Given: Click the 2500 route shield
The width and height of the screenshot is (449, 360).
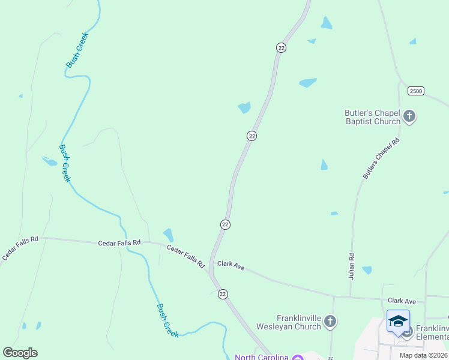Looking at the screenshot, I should click(x=415, y=91).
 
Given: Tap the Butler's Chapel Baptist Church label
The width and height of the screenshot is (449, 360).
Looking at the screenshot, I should click(x=372, y=117).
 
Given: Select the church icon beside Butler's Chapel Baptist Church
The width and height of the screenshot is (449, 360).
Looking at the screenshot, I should click(x=409, y=116).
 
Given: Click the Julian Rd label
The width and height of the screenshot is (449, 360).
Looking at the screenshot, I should click(x=352, y=266).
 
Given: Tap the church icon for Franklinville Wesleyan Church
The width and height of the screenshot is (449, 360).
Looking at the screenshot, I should click(x=330, y=322).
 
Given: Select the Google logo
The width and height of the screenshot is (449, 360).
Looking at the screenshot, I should click(x=20, y=353).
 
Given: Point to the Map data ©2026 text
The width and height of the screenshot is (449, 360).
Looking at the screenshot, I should click(x=423, y=355).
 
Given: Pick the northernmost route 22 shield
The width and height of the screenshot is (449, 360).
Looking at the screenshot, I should click(x=281, y=47).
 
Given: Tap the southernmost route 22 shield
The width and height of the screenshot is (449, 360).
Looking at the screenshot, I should click(x=223, y=293).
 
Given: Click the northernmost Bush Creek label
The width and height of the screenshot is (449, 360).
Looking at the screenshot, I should click(x=77, y=50).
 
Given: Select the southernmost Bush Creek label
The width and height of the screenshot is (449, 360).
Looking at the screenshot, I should click(x=167, y=320).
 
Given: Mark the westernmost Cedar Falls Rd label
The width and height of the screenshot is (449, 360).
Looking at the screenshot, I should click(x=20, y=247).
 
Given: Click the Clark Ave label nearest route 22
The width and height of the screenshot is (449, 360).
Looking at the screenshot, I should click(x=231, y=265).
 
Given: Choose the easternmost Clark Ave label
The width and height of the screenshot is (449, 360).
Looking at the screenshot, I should click(x=402, y=301).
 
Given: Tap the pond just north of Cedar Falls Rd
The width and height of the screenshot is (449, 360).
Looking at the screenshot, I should click(x=169, y=234).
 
